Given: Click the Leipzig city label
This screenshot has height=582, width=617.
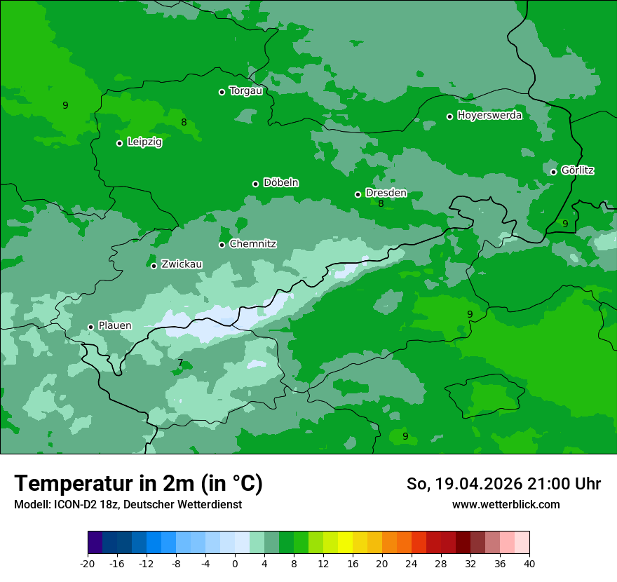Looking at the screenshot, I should point(144,142).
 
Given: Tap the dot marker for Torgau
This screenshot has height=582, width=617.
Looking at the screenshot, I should point(222,92).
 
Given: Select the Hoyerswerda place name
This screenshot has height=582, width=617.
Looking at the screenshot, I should point(489,116).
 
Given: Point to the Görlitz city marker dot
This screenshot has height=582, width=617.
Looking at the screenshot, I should point(553,172).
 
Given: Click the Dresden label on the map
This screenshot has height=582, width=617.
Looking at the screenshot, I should point(386,193).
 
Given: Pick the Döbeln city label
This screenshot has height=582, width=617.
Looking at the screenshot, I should point(280,183).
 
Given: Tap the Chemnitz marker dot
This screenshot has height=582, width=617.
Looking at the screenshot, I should point(222,245).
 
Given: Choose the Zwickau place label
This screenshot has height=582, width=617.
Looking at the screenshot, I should point(182,264).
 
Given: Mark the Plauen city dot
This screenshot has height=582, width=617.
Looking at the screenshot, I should point(90,327).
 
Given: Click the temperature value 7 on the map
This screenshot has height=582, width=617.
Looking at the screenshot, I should point(180,363).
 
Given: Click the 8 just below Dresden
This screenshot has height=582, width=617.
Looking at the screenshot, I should point(381,204).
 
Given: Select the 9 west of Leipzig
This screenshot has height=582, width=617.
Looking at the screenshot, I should point(65,106).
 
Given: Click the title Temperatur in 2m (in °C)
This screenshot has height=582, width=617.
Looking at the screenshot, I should point(138,484).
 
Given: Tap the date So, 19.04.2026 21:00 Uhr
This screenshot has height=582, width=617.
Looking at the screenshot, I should point(503,484).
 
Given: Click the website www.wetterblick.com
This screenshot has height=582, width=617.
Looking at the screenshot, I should point(506,504).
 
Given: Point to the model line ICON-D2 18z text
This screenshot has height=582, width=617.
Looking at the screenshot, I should point(128,504).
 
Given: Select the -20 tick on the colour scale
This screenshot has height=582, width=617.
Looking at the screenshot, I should point(88,563).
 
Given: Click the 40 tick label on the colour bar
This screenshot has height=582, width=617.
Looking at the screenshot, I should point(529,563).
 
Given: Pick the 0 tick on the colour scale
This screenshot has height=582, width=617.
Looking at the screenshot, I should point(235,563).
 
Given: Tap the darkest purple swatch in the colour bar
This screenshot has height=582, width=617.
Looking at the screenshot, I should point(95,543).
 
